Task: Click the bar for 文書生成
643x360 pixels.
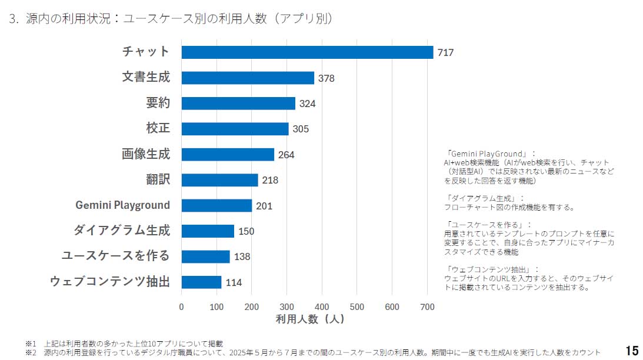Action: tap(248, 78)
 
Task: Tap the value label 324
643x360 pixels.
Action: tap(307, 104)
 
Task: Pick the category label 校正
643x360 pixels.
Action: tap(158, 128)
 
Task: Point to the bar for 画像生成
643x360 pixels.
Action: tap(228, 154)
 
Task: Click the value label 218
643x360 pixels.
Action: tap(270, 180)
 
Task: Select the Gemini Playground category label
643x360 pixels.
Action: tap(122, 205)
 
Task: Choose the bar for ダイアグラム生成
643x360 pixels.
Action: tap(208, 231)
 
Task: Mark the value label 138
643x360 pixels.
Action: tap(242, 257)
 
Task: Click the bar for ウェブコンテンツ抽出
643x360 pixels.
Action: tap(201, 282)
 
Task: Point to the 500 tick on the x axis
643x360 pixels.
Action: tap(357, 306)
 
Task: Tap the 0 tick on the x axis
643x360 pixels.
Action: tap(181, 306)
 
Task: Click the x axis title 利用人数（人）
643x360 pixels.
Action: tap(310, 319)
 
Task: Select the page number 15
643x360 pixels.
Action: tap(632, 351)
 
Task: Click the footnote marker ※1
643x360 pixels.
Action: tap(31, 344)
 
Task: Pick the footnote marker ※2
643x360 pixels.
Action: tap(31, 352)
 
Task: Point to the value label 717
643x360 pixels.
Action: tap(445, 53)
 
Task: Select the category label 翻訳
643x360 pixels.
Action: tap(158, 179)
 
